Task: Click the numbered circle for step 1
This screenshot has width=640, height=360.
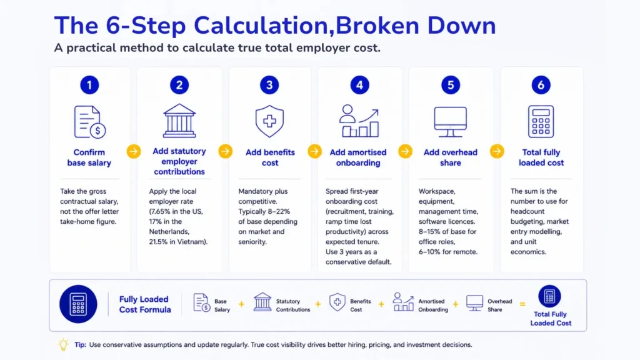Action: tap(89, 85)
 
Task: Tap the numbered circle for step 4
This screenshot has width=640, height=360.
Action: tap(359, 85)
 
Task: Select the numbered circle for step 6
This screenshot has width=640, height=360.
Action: tap(541, 85)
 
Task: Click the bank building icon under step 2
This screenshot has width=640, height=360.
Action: tap(179, 121)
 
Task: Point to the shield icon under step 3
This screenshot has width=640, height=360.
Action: tap(269, 121)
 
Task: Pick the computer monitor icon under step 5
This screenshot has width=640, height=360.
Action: tap(450, 122)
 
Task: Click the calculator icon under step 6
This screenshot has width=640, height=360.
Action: tap(541, 122)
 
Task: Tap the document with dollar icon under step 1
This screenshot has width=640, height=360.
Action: tap(90, 122)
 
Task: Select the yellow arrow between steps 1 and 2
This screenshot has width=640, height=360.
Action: tap(134, 151)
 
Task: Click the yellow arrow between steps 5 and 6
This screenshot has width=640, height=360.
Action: tap(497, 151)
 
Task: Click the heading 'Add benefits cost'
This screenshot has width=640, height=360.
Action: tap(270, 157)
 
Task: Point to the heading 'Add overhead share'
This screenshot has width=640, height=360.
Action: tap(450, 157)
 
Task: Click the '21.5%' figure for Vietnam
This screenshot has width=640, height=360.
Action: tap(159, 242)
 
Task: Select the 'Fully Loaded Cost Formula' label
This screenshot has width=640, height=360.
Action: tap(145, 304)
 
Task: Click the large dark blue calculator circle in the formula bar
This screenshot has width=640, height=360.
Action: tap(78, 304)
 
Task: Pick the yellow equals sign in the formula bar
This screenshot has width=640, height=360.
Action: tap(522, 304)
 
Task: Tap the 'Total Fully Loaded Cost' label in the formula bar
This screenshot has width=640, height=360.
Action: tap(551, 318)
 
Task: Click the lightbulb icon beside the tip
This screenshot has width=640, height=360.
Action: tap(63, 344)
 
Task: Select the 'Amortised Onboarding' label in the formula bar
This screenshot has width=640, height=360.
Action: tap(432, 305)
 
